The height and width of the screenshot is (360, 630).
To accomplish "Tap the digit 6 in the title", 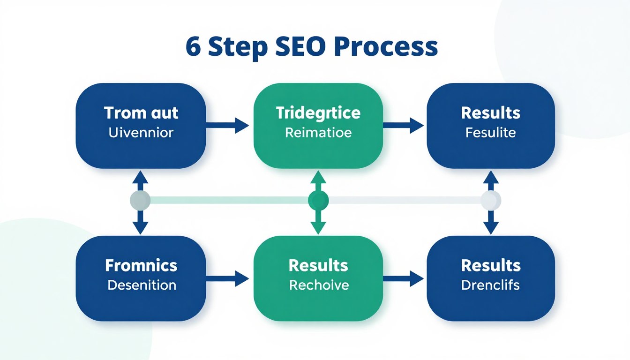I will click(x=194, y=47).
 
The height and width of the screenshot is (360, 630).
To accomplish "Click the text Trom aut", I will click(x=141, y=113).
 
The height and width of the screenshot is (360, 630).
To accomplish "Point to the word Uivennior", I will click(x=141, y=133).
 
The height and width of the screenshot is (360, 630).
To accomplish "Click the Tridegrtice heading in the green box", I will click(x=318, y=113).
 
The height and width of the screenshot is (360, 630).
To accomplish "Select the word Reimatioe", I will click(x=318, y=133).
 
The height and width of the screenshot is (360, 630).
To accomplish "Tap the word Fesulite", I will click(x=490, y=133).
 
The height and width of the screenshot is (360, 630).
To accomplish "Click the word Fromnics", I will click(x=141, y=265).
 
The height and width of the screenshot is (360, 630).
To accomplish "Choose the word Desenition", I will click(x=142, y=285).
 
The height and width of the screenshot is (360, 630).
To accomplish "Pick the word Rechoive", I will click(x=319, y=285).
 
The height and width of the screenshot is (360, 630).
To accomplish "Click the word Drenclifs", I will click(x=490, y=285).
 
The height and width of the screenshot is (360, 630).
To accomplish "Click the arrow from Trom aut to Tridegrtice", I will click(x=228, y=125).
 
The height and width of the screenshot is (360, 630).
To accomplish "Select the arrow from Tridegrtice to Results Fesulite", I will click(x=404, y=125).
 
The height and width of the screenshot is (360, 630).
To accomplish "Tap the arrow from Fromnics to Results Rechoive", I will click(x=228, y=278).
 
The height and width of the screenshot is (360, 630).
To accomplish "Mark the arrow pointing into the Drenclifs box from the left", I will click(x=404, y=278).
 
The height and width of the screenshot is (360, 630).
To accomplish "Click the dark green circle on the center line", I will click(x=318, y=201).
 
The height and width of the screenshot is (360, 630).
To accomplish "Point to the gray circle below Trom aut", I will click(x=140, y=201).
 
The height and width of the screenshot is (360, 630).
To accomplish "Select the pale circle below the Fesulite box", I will click(x=491, y=201).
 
